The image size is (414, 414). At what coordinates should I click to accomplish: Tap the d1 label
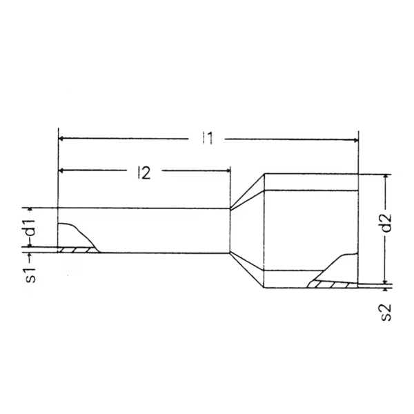[32, 229]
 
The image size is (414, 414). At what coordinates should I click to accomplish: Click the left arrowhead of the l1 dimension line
[63, 139]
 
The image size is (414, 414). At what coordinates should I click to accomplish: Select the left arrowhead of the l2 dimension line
[63, 170]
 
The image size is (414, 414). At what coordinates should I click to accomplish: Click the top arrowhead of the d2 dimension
[386, 177]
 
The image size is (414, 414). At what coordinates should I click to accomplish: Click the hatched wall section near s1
[77, 250]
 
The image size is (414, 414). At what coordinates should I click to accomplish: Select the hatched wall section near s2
[330, 283]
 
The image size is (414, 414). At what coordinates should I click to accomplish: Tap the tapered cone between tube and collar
[246, 231]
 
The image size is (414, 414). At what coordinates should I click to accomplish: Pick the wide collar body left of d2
[310, 228]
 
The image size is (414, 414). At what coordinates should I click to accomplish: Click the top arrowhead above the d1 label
[32, 211]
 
